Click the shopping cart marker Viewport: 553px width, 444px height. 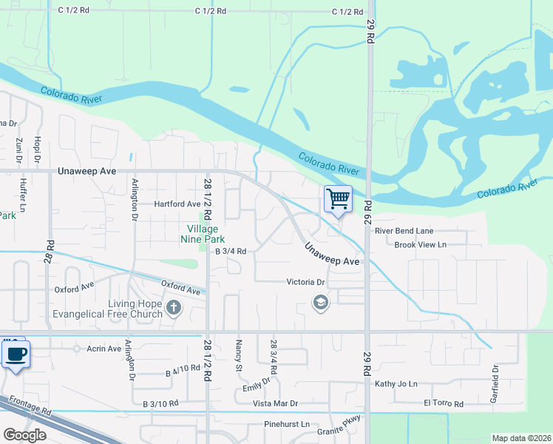pos(338,198)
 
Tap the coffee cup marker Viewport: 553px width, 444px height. pos(15,353)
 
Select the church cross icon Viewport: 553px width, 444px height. pos(173,308)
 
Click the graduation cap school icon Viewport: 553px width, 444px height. pos(320,303)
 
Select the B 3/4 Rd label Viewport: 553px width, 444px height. pos(230,251)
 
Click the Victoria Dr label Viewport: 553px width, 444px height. pos(306,282)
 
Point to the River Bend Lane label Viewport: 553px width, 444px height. pos(404,231)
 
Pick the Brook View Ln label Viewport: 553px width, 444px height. pos(420,244)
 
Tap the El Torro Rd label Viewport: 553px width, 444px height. pos(443,403)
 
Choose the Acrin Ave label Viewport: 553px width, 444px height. pos(103,349)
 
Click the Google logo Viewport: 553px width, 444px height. pos(24,435)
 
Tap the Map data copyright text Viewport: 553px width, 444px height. pos(520,438)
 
